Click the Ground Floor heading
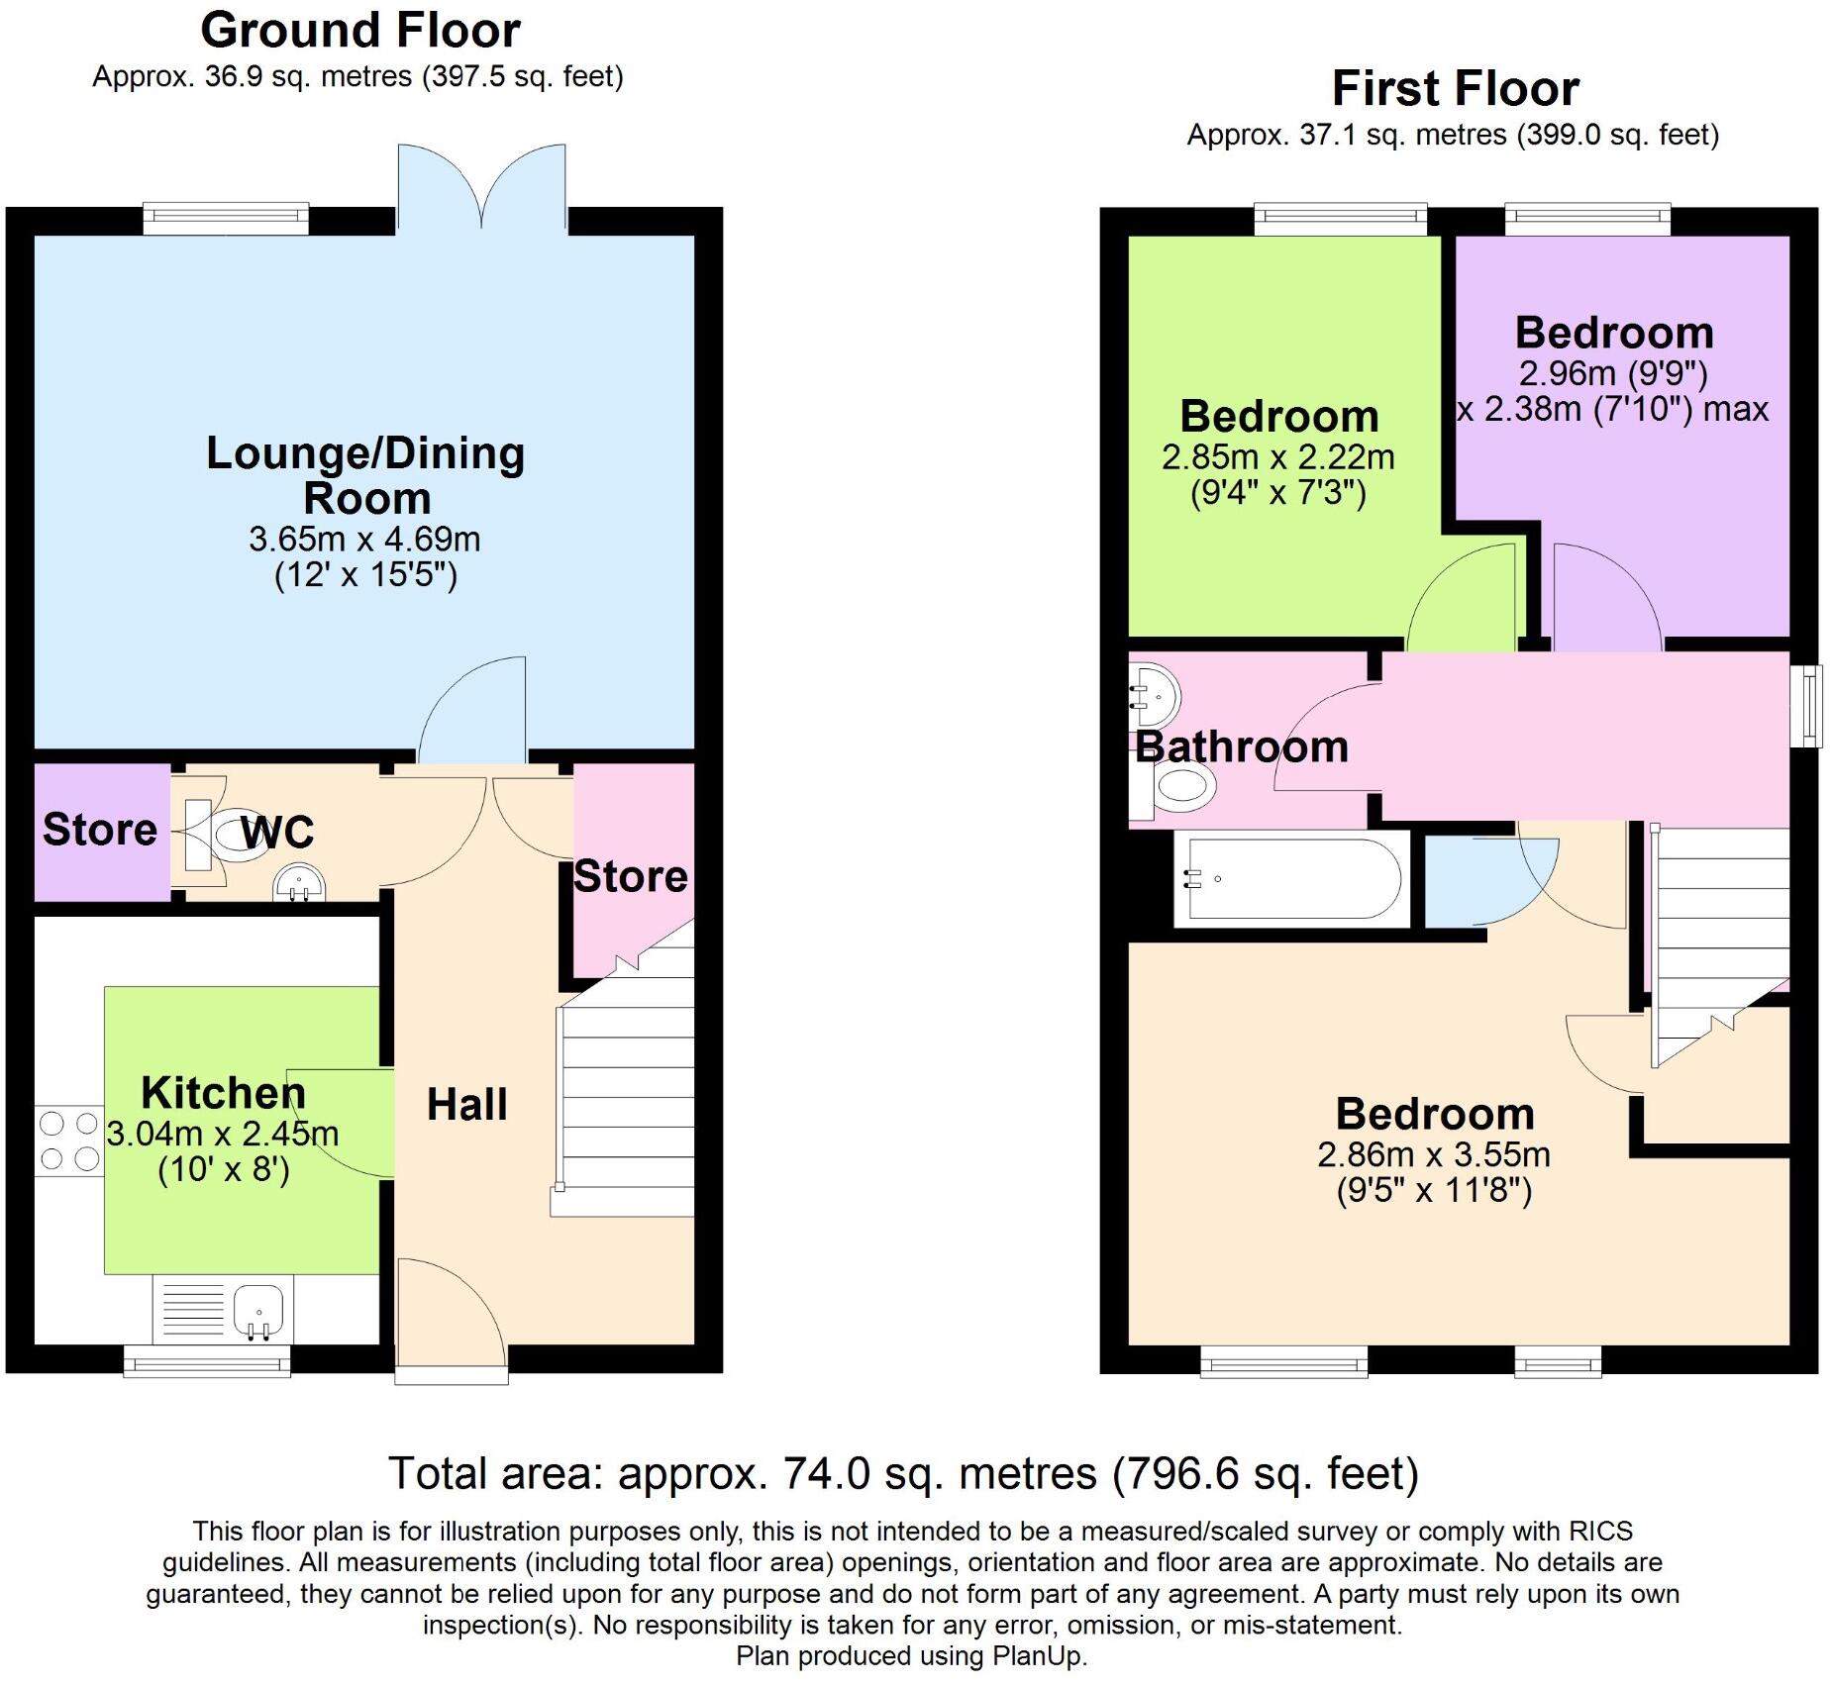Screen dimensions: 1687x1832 [359, 31]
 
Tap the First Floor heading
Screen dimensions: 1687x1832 [1454, 89]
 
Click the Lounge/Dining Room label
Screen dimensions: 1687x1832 [364, 475]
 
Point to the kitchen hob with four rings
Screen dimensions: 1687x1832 [69, 1141]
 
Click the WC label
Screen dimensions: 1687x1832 [278, 833]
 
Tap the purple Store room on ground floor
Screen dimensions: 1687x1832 [100, 830]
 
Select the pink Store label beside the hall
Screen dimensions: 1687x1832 [631, 877]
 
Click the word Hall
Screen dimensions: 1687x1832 [466, 1104]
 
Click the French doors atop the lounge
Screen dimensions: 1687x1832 [482, 188]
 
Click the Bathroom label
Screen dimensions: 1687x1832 [1242, 746]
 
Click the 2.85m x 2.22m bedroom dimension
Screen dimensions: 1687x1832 [1277, 457]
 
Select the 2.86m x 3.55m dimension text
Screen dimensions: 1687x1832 [1433, 1154]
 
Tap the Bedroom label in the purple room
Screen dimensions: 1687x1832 [1613, 333]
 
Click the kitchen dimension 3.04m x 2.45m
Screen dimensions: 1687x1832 [223, 1134]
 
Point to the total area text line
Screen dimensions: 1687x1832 [903, 1473]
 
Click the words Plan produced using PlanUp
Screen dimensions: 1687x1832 [911, 1656]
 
